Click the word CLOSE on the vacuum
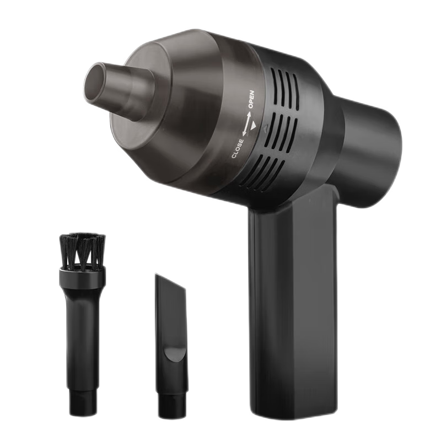tap(238, 148)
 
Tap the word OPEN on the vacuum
tap(251, 99)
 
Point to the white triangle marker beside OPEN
tap(253, 126)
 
